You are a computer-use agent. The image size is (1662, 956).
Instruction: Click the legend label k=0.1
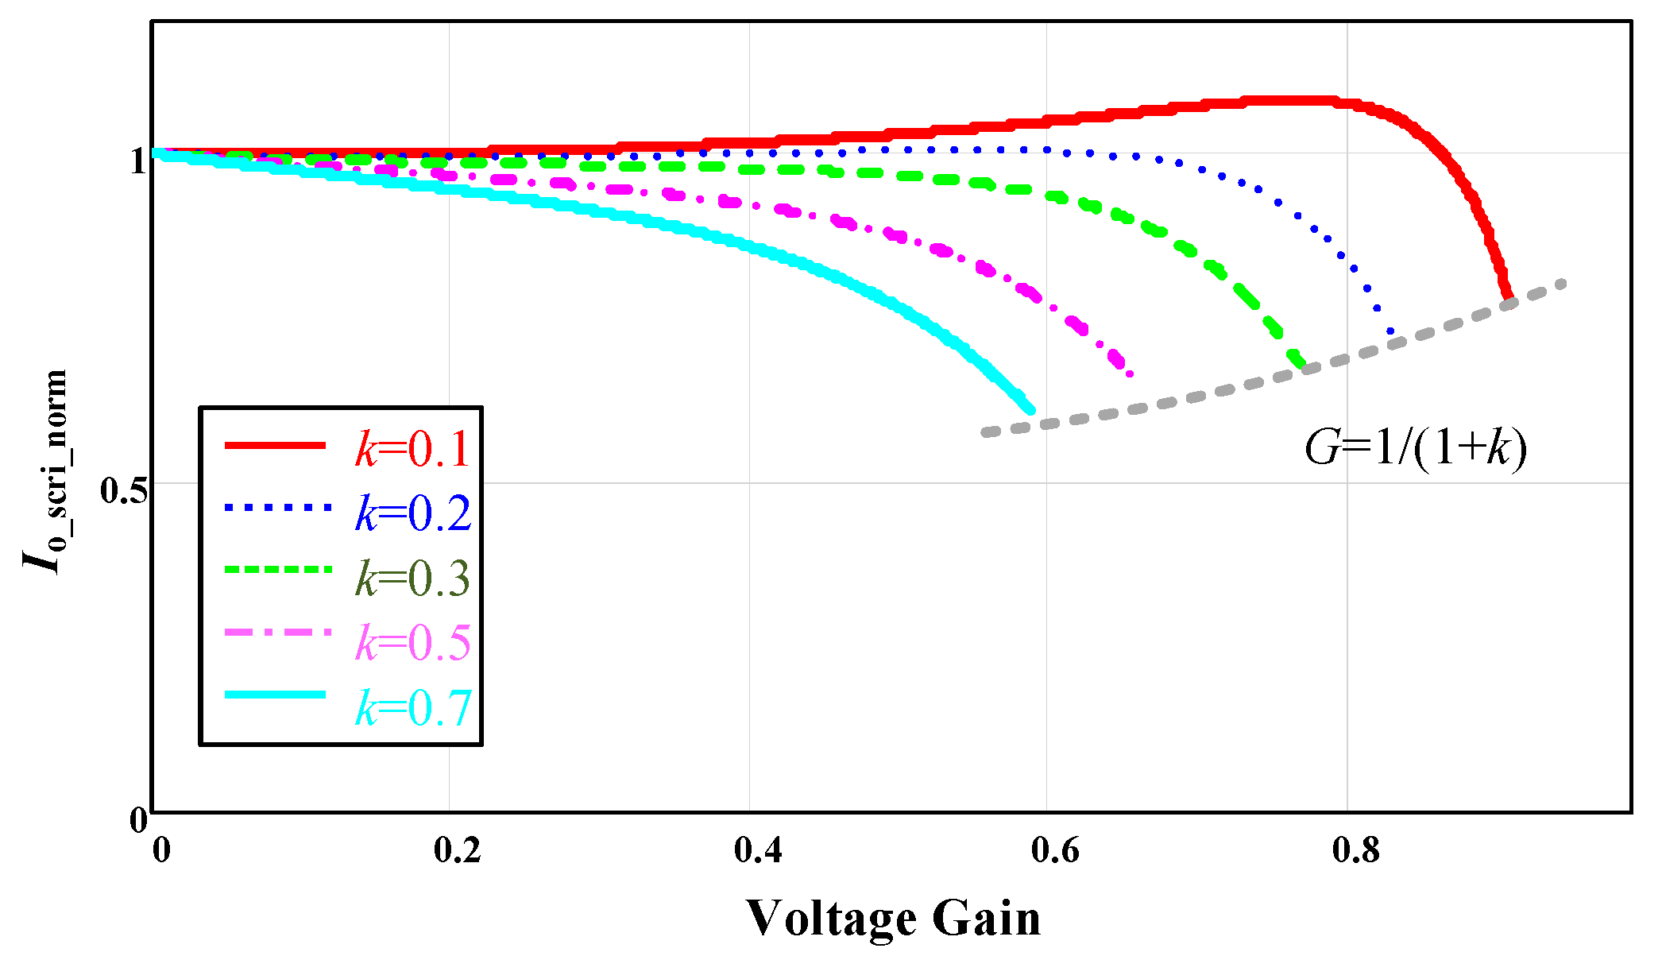click(412, 449)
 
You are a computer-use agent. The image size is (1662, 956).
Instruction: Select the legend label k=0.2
click(412, 513)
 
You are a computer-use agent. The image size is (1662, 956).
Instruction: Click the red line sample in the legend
click(276, 445)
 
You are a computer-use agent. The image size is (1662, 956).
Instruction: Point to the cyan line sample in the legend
click(276, 695)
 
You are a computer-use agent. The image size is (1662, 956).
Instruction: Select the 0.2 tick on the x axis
click(458, 851)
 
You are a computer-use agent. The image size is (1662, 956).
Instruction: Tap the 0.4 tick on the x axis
click(758, 851)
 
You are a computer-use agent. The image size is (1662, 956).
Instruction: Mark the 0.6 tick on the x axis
click(1056, 851)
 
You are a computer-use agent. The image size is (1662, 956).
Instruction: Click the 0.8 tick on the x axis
click(1356, 851)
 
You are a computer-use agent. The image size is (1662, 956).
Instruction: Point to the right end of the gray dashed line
click(1563, 283)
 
